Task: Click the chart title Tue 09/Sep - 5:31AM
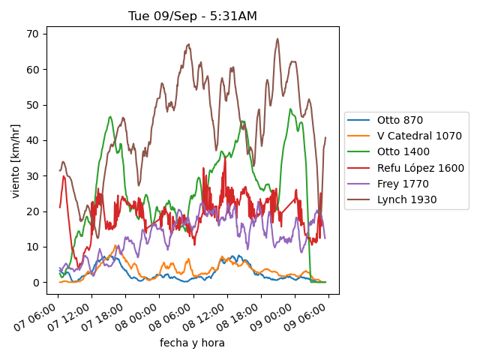[192, 16]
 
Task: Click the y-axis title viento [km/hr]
[16, 160]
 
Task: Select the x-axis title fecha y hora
[192, 343]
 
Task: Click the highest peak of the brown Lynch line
[277, 39]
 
